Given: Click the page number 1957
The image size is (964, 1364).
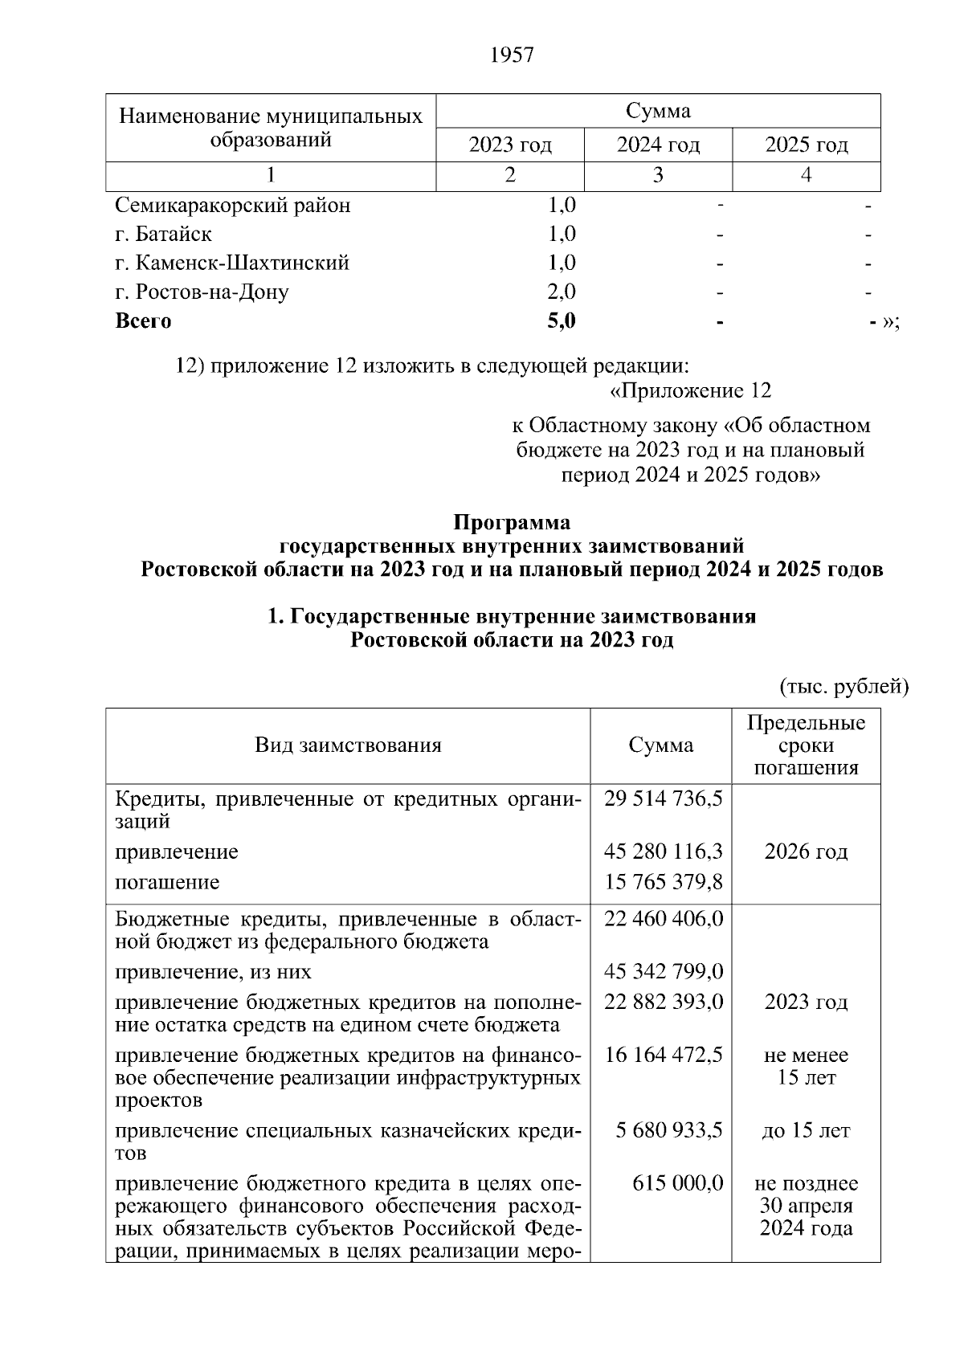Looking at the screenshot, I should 511,55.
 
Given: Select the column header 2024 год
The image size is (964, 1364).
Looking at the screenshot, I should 658,145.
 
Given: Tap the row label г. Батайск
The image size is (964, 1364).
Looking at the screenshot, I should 164,235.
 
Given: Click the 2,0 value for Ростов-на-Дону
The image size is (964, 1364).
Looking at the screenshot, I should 561,292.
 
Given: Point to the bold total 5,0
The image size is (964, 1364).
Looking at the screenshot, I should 561,321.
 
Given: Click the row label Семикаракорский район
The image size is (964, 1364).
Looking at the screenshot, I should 233,206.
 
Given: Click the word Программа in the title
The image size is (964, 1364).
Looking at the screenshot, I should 512,523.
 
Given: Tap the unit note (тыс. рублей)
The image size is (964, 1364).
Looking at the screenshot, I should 843,687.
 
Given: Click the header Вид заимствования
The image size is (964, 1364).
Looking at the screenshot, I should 348,745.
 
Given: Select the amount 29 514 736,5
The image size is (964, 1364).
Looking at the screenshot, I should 663,798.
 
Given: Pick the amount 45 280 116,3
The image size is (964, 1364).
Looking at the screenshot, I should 663,851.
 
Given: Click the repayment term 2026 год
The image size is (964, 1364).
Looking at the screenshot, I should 806,851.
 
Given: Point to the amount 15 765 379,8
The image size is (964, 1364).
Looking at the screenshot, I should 663,882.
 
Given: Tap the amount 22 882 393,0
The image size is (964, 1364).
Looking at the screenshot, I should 663,1003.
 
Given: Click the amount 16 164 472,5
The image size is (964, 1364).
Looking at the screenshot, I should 663,1055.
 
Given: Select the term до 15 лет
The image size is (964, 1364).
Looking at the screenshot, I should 806,1131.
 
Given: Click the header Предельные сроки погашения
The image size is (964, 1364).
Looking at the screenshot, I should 806,745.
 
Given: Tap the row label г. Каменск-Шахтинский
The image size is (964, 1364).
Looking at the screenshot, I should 232,263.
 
